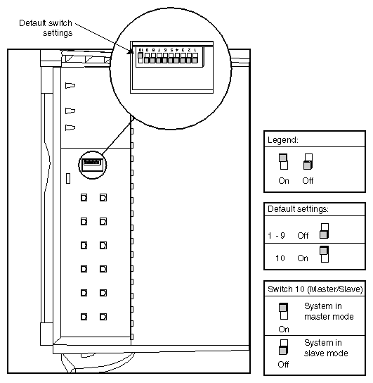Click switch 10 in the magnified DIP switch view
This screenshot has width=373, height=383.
coord(140,58)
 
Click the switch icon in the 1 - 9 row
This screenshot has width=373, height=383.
coord(324,232)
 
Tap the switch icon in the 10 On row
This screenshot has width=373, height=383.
coord(324,254)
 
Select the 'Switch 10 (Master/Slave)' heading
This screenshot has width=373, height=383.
coord(314,289)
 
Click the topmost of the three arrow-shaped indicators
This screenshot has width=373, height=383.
coord(70,86)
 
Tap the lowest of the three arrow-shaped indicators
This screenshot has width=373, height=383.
coord(70,127)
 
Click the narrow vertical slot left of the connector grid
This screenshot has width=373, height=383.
coord(68,179)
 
